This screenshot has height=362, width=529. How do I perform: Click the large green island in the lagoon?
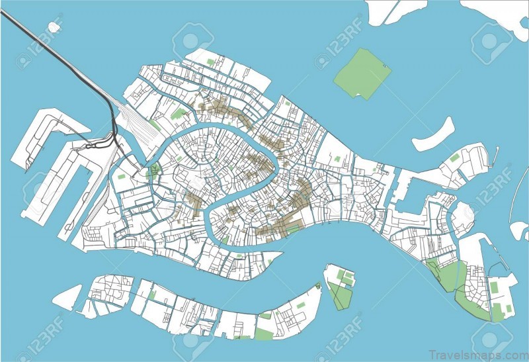coord(361,73)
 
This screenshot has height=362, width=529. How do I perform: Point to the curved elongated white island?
coord(433,136)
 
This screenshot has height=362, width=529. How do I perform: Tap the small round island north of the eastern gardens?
coord(464,212)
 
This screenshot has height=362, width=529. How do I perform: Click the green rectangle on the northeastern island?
coord(454,158)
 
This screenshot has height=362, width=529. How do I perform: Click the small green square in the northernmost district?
coord(210,62)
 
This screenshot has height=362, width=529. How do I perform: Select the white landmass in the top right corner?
coord(496,13)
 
